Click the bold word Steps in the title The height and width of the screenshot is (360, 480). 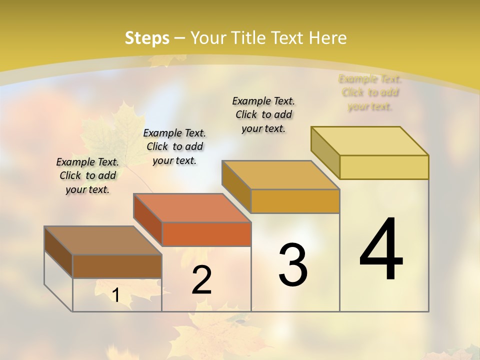coord(147,38)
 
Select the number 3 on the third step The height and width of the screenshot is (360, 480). coord(293,265)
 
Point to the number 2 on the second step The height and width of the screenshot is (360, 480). coord(202,280)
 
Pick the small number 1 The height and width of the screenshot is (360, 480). coord(116,295)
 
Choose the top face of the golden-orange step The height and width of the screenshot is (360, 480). coord(281,175)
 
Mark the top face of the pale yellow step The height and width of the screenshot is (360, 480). coord(370,141)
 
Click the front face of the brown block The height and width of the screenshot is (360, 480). coord(117,266)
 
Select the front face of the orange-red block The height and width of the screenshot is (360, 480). coord(206,234)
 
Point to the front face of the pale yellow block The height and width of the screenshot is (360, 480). coord(384,167)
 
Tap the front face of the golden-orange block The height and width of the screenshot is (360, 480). coord(295,201)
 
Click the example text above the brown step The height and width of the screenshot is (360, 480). coord(87,175)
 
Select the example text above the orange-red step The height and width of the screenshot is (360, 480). coord(174,146)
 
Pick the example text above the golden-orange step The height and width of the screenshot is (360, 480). coord(263,114)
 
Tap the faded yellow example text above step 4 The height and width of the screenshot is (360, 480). coord(370,92)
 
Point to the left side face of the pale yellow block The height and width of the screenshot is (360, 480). coord(325,152)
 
